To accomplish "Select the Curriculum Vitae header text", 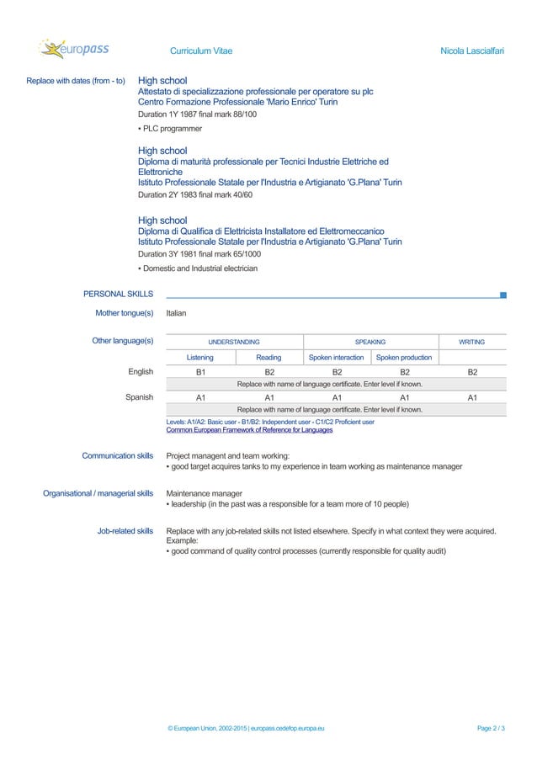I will (201, 52).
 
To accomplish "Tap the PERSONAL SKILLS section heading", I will (118, 294).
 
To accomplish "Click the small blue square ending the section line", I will (502, 295).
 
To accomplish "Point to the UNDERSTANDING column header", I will (234, 343).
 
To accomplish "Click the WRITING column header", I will (471, 343).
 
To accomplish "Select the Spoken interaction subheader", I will (336, 358).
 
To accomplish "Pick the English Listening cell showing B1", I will (200, 371).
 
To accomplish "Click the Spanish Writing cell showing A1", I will (472, 396).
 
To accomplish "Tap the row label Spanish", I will (139, 396).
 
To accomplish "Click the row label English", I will (141, 371).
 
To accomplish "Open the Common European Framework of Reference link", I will (249, 429).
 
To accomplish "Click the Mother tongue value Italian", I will (176, 313).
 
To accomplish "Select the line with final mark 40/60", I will (194, 194).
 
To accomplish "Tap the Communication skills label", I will (117, 456).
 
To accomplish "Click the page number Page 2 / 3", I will (491, 727).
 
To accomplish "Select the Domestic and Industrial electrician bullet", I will (199, 268).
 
